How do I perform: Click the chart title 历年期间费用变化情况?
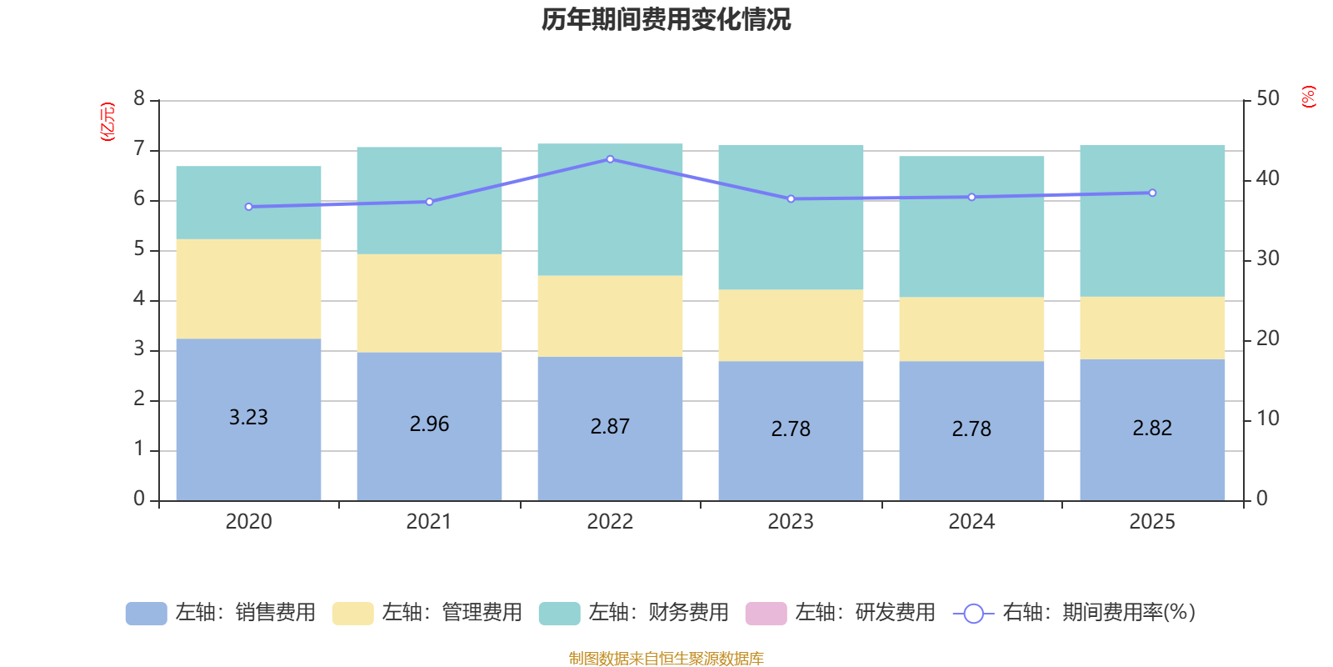(x=666, y=19)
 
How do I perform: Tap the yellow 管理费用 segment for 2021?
(x=429, y=303)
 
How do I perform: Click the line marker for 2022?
(x=610, y=159)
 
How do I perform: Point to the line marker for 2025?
(x=1152, y=193)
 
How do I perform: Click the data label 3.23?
(x=248, y=418)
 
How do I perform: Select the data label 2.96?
(x=429, y=424)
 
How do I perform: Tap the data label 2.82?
(x=1152, y=429)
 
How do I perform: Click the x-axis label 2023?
(x=791, y=522)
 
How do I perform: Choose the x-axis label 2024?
(x=971, y=522)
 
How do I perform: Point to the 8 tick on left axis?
(x=139, y=99)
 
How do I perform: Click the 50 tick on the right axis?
(x=1267, y=99)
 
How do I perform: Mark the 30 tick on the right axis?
(x=1267, y=259)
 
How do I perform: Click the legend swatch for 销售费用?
(x=146, y=614)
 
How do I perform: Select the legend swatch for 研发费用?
(x=766, y=614)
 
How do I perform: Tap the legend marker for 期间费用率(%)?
(x=973, y=614)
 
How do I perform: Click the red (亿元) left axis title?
(x=107, y=122)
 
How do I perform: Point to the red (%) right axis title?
(x=1309, y=97)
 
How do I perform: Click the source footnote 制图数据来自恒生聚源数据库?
(x=666, y=659)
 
